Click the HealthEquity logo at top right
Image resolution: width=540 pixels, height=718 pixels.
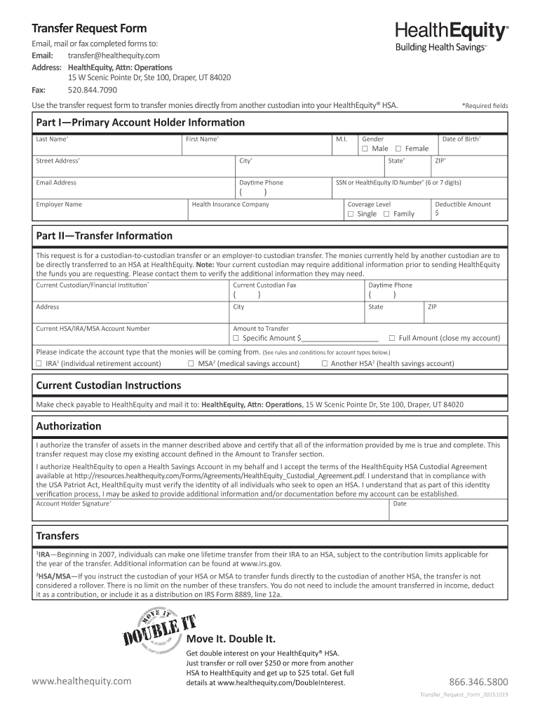click(452, 36)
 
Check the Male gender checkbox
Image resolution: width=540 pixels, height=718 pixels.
click(365, 149)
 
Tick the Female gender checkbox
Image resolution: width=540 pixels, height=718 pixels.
click(398, 149)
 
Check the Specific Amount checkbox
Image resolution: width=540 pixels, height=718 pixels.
click(236, 338)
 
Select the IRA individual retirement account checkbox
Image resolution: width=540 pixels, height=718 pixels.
click(39, 363)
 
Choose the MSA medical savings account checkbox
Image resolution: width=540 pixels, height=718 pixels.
click(191, 363)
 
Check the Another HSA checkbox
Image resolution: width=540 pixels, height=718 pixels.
click(324, 363)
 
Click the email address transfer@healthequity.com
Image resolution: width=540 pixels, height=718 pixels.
click(114, 55)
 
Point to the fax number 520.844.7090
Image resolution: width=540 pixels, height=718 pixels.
click(92, 90)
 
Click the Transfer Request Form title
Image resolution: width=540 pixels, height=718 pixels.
click(89, 29)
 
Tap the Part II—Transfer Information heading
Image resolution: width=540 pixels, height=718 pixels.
click(104, 236)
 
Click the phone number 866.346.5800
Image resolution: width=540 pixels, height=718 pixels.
click(478, 682)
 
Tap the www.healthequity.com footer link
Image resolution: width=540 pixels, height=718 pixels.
click(81, 681)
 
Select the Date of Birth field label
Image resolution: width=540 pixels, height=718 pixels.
click(461, 139)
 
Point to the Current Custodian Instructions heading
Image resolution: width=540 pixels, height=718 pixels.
click(108, 386)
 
